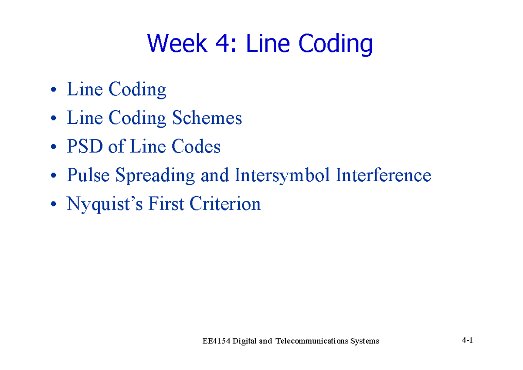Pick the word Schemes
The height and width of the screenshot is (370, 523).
point(207,118)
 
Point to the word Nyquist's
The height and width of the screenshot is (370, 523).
point(105,204)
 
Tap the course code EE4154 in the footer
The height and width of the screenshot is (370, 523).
point(217,341)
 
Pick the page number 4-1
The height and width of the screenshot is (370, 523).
point(467,340)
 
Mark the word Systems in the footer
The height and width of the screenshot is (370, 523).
point(365,341)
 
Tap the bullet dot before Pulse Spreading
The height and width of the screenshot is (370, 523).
point(53,177)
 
